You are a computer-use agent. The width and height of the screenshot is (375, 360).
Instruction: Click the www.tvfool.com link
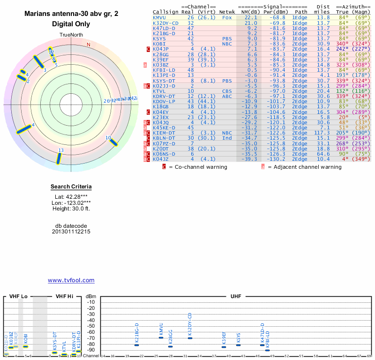click(71, 280)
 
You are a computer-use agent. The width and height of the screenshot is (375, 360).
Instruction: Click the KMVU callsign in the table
click(159, 17)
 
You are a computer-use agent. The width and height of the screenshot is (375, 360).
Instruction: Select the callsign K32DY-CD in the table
click(165, 23)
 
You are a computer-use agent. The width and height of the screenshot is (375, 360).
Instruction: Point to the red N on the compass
click(88, 45)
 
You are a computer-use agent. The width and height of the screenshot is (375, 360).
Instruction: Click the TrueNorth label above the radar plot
click(71, 36)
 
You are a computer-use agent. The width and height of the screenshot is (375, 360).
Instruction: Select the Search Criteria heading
click(71, 187)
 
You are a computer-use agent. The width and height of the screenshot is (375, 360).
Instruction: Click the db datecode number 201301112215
click(71, 232)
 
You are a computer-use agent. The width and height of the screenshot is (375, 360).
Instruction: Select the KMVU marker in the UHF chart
click(161, 337)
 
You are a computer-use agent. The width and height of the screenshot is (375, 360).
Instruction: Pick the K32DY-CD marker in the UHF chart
click(190, 338)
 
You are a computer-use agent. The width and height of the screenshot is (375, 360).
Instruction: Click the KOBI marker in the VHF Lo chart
click(26, 346)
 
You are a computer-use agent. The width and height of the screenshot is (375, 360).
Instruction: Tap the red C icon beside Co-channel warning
click(164, 166)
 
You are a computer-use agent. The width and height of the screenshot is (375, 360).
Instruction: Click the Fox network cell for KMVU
click(227, 17)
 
